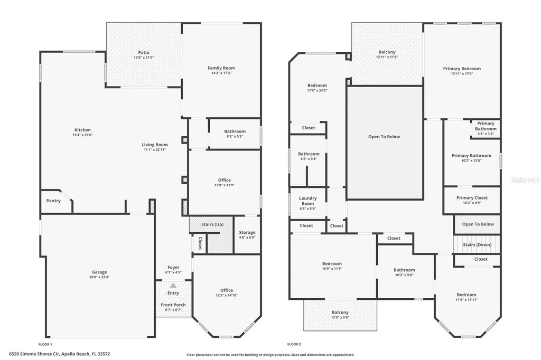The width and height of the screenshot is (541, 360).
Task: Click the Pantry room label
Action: click(x=53, y=201)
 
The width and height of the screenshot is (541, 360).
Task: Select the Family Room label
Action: click(x=221, y=68)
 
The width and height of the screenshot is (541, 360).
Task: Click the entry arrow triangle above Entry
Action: click(x=173, y=285)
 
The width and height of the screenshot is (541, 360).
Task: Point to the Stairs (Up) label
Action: click(x=211, y=224)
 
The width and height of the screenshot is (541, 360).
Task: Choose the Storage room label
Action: click(x=247, y=232)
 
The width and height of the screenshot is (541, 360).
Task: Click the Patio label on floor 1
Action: click(x=144, y=52)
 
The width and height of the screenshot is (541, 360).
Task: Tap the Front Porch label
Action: click(x=173, y=305)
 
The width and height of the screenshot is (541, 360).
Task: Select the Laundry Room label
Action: click(x=307, y=201)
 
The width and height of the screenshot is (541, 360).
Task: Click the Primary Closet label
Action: click(x=472, y=198)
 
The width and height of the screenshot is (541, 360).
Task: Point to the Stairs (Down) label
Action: click(x=477, y=245)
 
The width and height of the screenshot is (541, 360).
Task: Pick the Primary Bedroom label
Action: click(x=462, y=69)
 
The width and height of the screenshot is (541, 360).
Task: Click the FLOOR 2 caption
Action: click(x=294, y=344)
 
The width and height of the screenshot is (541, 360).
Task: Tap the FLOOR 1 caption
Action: click(x=45, y=344)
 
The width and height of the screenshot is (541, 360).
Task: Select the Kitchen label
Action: click(x=82, y=130)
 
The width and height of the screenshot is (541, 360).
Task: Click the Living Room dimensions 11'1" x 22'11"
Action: click(x=155, y=150)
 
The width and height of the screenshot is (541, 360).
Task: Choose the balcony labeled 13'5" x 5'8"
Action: click(x=340, y=315)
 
